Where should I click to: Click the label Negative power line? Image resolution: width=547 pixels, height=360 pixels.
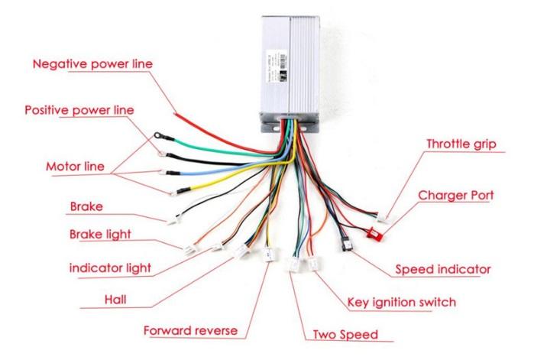click(92, 63)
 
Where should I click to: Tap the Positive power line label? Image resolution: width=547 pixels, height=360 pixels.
click(79, 110)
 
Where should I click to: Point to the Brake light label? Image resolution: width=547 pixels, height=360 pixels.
click(100, 234)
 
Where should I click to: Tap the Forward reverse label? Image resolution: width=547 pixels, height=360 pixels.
click(190, 331)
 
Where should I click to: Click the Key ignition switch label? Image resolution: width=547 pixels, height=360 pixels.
click(402, 302)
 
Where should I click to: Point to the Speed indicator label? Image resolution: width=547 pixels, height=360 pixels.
click(442, 269)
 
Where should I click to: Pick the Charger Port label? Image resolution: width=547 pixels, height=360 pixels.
click(455, 195)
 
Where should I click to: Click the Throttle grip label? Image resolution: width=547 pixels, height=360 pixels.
click(461, 143)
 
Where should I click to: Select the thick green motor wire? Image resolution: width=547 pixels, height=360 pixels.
click(222, 146)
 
